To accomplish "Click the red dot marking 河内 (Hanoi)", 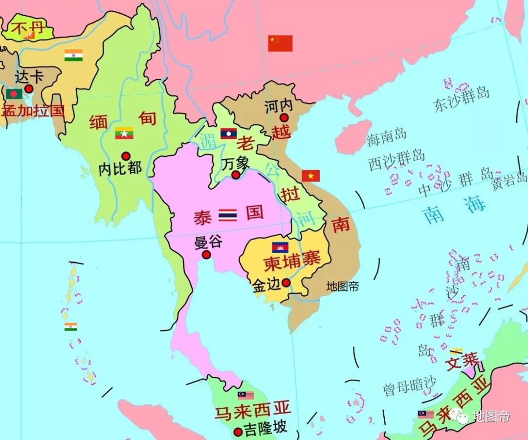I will click(284, 117).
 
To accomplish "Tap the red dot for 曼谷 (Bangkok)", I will click(206, 255).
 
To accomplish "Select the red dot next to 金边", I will click(286, 283).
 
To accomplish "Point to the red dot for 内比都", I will click(126, 156).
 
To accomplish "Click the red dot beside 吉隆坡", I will click(238, 432).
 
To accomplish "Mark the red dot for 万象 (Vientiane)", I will click(236, 175).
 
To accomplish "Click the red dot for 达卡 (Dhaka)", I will click(29, 88).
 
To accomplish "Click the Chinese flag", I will click(280, 43).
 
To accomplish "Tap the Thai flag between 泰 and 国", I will click(227, 215).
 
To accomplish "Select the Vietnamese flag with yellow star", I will click(310, 176).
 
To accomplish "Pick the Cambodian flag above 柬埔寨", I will click(280, 247).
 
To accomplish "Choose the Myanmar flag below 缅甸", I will click(124, 133).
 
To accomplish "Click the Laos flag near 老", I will click(228, 133).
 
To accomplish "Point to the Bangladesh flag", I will click(14, 93).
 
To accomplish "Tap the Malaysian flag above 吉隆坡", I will click(246, 395).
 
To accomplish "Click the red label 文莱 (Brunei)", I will click(462, 361).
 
